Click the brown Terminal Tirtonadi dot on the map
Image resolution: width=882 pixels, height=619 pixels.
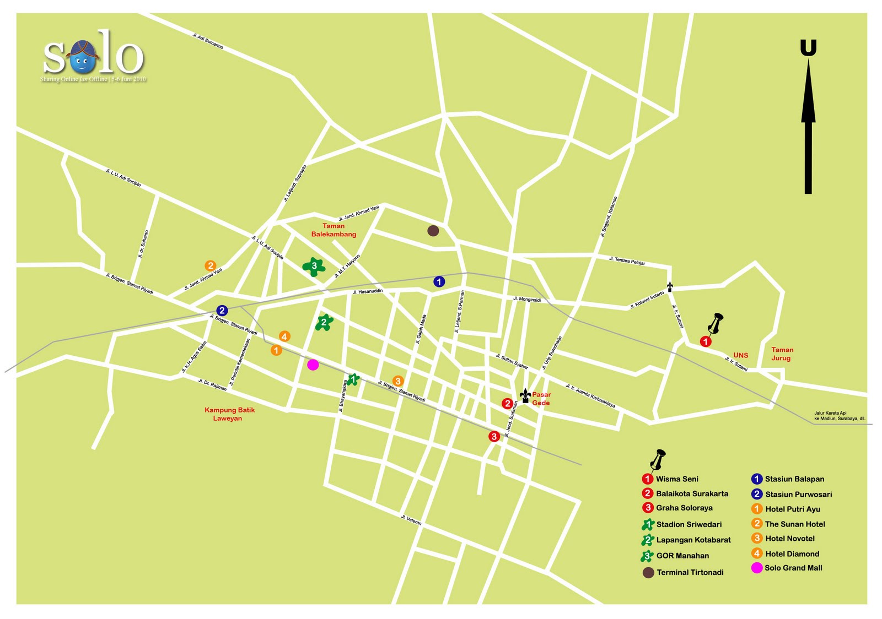(x=433, y=231)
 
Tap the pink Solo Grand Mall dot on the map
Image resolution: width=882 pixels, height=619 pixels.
(x=313, y=365)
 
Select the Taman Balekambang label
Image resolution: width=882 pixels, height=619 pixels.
(x=334, y=230)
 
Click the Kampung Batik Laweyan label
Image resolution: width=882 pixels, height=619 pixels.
(x=229, y=414)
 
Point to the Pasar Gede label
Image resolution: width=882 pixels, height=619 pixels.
(x=541, y=399)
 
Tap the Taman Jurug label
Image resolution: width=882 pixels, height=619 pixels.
(x=782, y=354)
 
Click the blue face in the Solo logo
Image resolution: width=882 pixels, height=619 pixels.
(x=83, y=59)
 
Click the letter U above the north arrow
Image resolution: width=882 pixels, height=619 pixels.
(x=808, y=48)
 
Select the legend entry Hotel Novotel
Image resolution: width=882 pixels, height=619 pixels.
(x=789, y=539)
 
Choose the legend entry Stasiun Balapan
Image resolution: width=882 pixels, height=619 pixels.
(x=794, y=479)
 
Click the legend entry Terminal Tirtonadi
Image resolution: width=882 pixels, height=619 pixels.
(x=689, y=573)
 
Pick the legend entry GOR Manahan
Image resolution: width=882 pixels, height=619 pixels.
(x=682, y=556)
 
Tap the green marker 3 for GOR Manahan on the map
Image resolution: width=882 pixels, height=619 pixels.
(x=314, y=266)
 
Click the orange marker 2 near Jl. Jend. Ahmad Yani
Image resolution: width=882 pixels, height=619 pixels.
(x=210, y=266)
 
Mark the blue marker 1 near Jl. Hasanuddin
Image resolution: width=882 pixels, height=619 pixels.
(x=439, y=282)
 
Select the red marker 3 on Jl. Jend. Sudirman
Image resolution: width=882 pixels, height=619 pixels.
(x=494, y=437)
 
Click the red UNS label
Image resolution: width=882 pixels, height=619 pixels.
(x=740, y=355)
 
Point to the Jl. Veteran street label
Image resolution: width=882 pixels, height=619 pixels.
(x=411, y=520)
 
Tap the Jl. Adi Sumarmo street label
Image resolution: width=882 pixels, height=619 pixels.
(x=208, y=41)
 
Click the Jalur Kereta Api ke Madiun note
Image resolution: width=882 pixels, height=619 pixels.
(x=839, y=416)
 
